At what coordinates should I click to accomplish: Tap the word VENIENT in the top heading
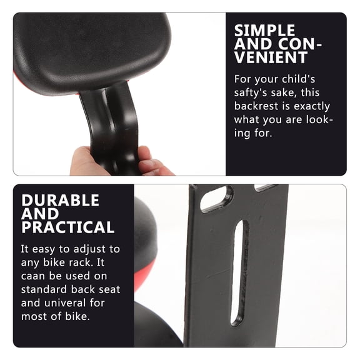(271, 58)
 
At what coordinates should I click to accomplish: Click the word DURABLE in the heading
(60, 200)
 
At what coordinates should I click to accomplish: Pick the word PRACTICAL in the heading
(67, 227)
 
